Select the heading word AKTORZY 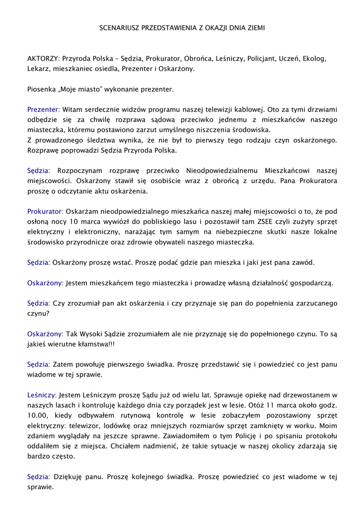tap(43, 59)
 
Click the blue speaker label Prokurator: tap(45, 211)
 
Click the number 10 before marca tap(74, 222)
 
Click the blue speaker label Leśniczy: tap(42, 395)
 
